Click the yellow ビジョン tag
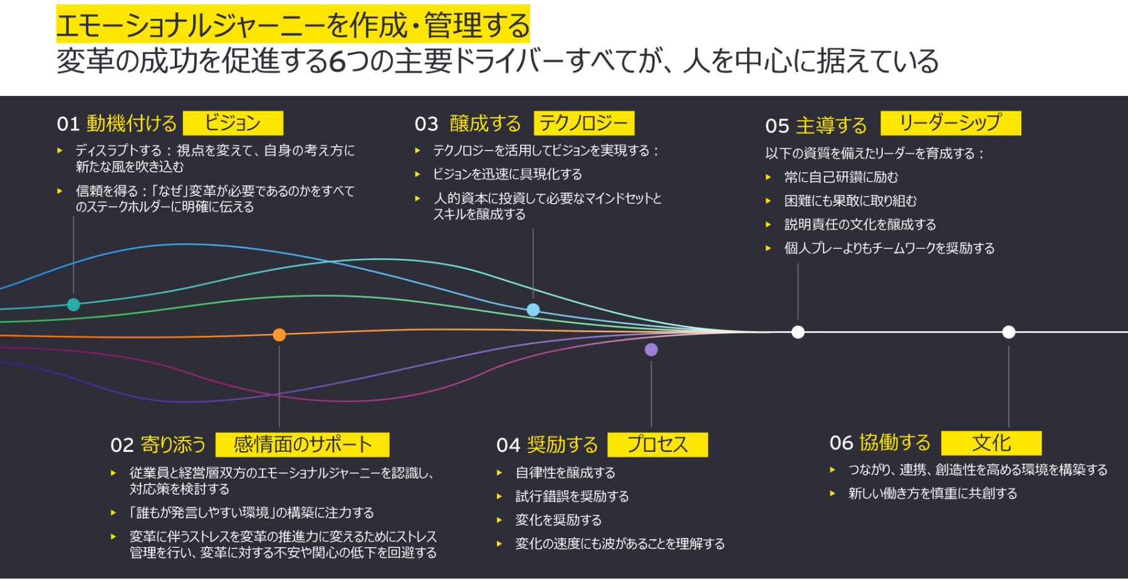coord(233,123)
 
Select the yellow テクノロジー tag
coord(584,123)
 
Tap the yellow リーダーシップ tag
coord(951,123)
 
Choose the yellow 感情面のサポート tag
coord(302,444)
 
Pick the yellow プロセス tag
coord(657,444)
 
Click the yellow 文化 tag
coord(991,443)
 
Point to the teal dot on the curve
coord(73,305)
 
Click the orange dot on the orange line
coord(279,335)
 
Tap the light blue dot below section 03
coord(533,310)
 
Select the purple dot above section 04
coord(651,350)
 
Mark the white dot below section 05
coord(798,332)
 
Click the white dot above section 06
coord(1009,332)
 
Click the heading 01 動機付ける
coord(117,123)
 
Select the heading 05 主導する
coord(816,125)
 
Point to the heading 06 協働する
coord(880,442)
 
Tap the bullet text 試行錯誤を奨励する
coord(572,496)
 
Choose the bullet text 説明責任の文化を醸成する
coord(860,224)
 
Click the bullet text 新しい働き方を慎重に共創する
coord(932,493)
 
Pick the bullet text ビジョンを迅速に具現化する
coord(508,174)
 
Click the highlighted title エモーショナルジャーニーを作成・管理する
coord(293,26)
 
